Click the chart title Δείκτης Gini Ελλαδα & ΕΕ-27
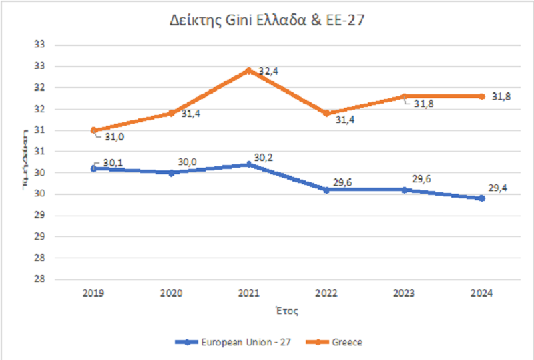(x=267, y=20)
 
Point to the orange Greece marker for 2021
(x=249, y=70)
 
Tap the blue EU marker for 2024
(x=481, y=198)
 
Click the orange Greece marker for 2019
(x=94, y=130)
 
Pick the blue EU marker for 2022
(x=326, y=190)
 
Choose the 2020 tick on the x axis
(x=172, y=293)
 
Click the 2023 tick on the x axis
(x=404, y=293)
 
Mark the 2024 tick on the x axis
(x=481, y=293)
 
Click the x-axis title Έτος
(x=288, y=311)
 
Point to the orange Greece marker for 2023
(x=404, y=96)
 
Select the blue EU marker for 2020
(x=172, y=172)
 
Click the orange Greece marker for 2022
(x=326, y=113)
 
